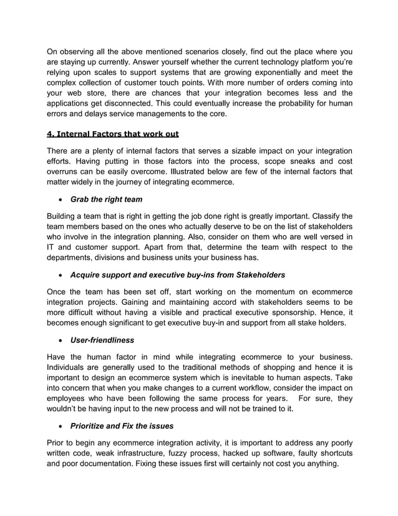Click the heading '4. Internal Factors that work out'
click(112, 132)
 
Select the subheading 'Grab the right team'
click(106, 199)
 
